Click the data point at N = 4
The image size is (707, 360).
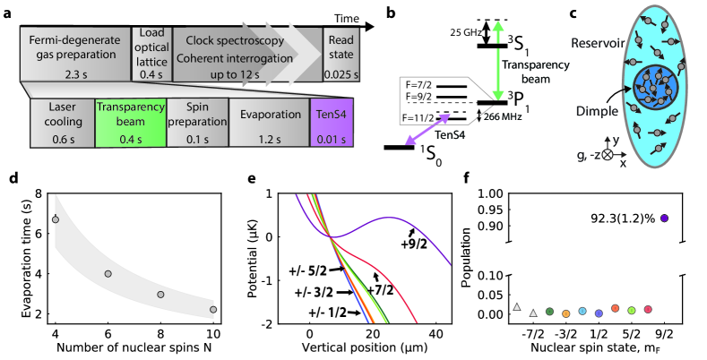tap(56, 219)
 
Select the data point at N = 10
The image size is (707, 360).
tap(213, 309)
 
